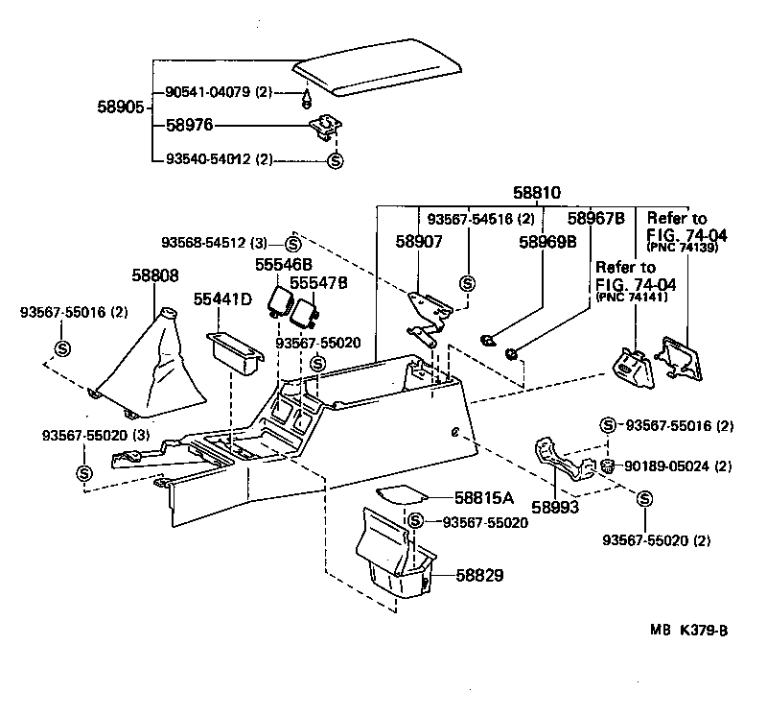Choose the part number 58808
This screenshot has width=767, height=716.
point(154,275)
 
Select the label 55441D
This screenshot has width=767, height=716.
point(222,300)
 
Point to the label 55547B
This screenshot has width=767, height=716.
point(318,284)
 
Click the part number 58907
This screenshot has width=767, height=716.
point(419,243)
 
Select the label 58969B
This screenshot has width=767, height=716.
point(547,243)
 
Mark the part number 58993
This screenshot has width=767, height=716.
point(556,507)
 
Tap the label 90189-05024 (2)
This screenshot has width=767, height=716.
point(679,466)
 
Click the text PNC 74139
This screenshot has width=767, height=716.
point(682,249)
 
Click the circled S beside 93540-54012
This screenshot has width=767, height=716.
point(336,160)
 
